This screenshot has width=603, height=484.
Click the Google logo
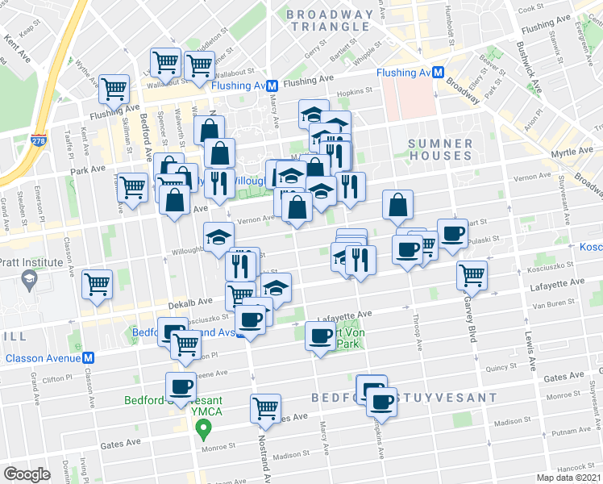[27, 474]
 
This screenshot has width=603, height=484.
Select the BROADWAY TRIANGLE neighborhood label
[331, 20]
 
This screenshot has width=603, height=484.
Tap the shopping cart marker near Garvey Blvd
[472, 274]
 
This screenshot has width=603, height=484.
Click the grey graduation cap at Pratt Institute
[29, 279]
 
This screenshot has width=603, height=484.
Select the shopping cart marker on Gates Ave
[265, 408]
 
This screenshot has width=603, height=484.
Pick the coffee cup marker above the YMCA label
[181, 386]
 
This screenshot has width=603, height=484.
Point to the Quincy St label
[501, 367]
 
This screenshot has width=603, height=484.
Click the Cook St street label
[531, 8]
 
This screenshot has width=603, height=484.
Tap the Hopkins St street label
[351, 94]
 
